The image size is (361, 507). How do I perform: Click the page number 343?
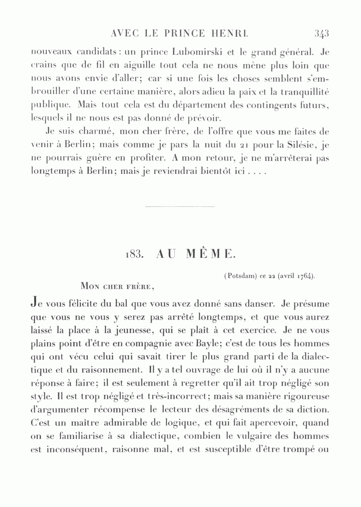click(322, 34)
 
